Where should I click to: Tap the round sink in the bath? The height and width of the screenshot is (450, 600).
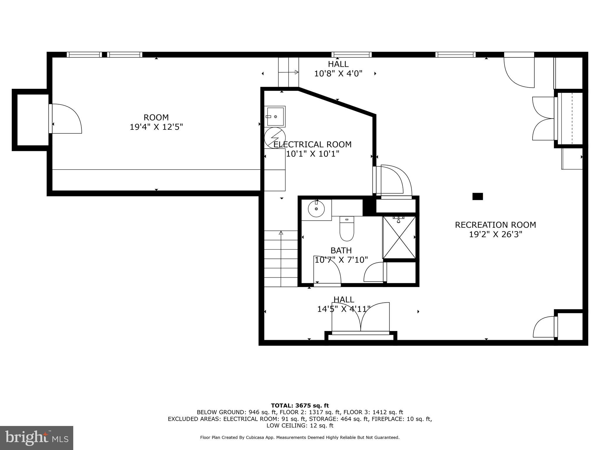[x=316, y=209]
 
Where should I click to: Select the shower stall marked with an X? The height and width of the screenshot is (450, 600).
[x=399, y=238]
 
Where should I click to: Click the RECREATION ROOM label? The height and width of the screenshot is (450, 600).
[x=495, y=225]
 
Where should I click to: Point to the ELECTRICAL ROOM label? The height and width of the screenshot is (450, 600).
[x=312, y=144]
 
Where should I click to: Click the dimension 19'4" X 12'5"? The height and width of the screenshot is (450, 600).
[x=156, y=127]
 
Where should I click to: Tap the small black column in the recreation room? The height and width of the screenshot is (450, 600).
[x=477, y=196]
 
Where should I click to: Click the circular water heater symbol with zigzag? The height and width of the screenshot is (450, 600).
[x=275, y=137]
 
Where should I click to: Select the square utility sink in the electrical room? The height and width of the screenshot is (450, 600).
[x=275, y=117]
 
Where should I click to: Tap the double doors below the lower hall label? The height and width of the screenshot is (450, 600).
[x=361, y=318]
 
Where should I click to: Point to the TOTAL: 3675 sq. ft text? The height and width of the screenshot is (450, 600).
[x=300, y=405]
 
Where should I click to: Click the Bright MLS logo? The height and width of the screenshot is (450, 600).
[x=36, y=438]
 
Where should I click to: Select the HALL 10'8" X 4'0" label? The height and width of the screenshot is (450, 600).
[x=338, y=69]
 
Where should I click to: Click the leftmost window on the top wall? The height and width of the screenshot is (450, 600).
[x=84, y=54]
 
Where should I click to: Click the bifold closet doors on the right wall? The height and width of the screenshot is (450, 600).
[x=543, y=119]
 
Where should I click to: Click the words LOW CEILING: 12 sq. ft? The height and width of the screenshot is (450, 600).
[x=300, y=425]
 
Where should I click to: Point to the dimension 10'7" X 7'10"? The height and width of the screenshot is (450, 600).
[x=341, y=260]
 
